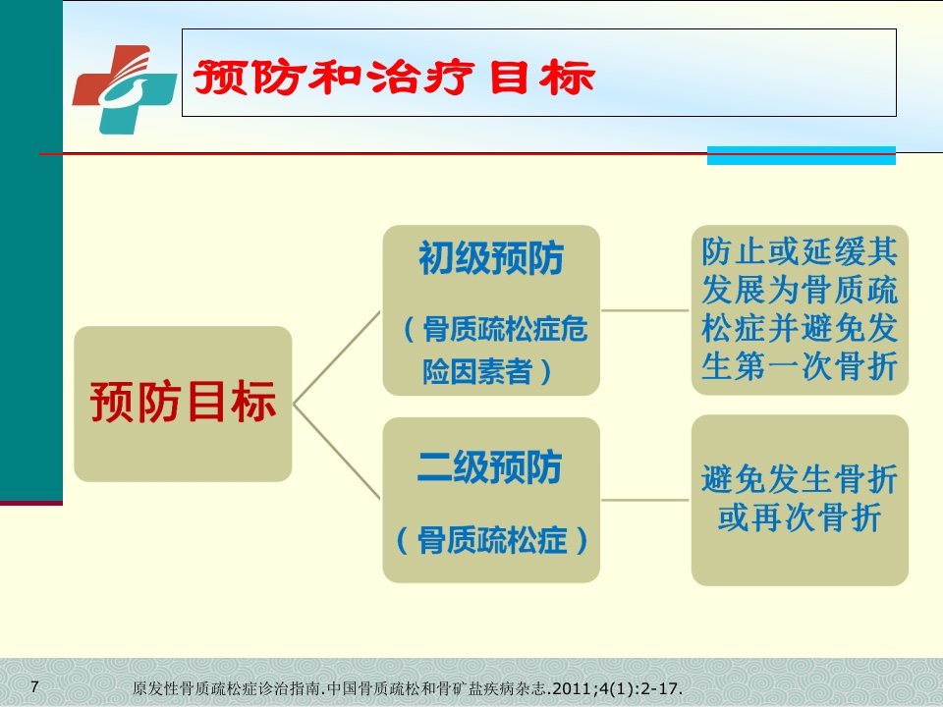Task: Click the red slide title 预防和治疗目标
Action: [394, 78]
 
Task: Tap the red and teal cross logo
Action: [125, 89]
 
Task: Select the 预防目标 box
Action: [183, 404]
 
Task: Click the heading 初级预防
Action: [491, 258]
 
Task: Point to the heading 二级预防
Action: [489, 466]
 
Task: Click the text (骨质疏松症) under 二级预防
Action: [491, 540]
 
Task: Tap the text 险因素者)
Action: [486, 371]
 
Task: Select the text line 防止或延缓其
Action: [800, 251]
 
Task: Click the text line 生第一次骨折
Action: [800, 365]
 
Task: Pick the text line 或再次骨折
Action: [800, 517]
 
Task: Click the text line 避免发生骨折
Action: [800, 479]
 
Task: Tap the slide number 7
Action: [34, 686]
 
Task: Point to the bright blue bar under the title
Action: [802, 155]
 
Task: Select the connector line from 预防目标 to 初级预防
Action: [337, 357]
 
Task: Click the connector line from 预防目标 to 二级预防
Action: [337, 452]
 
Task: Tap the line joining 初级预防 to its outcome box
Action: [645, 311]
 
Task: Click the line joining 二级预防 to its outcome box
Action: [645, 500]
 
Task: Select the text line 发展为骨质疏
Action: [800, 290]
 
